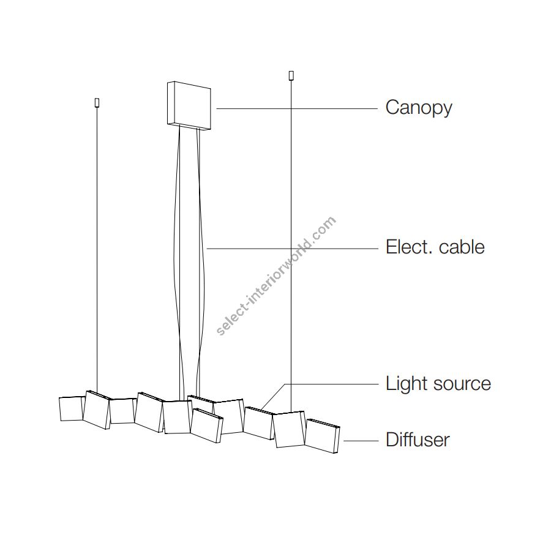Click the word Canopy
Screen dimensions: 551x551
tap(419, 108)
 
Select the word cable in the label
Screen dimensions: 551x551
tap(462, 247)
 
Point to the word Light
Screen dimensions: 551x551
tap(407, 384)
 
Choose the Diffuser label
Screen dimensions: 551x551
tap(418, 440)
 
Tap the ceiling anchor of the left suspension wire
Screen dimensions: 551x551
tap(96, 102)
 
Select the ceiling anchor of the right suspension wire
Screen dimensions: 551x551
tap(291, 76)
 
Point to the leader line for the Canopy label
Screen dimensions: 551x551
tap(297, 108)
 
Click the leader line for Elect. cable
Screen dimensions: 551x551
tap(294, 248)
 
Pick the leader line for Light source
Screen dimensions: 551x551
tap(331, 384)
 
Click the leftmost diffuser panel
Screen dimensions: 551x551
tap(71, 408)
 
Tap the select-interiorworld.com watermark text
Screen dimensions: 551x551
tap(276, 275)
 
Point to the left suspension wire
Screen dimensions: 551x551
tap(96, 245)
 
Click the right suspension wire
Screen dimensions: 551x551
tap(291, 245)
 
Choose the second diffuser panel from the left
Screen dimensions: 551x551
tap(97, 410)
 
